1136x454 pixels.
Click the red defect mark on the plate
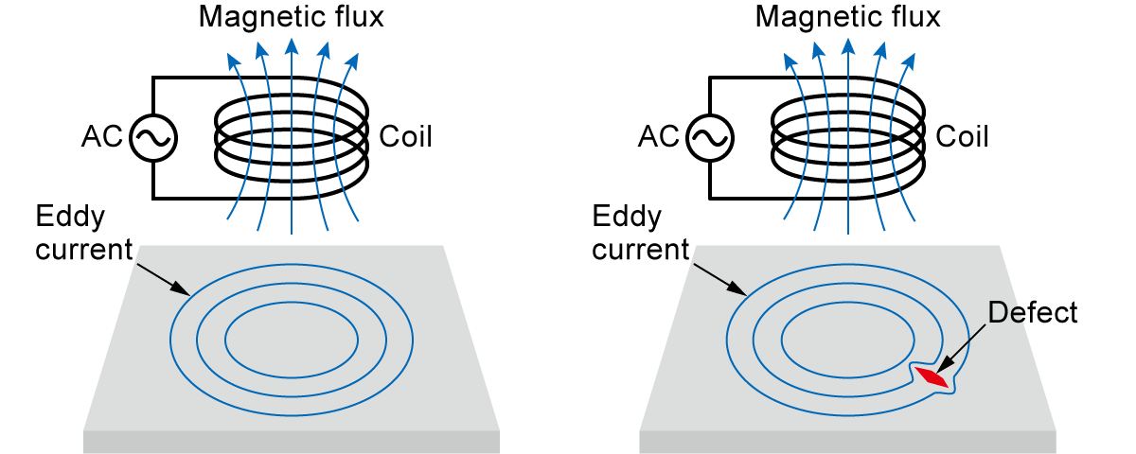[x=932, y=376]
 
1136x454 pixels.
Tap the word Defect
[x=1033, y=312]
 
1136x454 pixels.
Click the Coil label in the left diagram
[x=405, y=137]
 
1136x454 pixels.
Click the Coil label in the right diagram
[x=962, y=137]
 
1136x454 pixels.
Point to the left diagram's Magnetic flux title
[x=292, y=16]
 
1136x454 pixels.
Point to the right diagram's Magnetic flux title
[x=848, y=16]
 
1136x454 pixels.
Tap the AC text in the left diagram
[x=101, y=138]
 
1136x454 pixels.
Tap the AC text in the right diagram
[x=658, y=138]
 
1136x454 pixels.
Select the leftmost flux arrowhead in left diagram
[x=231, y=61]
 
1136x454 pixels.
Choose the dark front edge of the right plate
[x=848, y=442]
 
